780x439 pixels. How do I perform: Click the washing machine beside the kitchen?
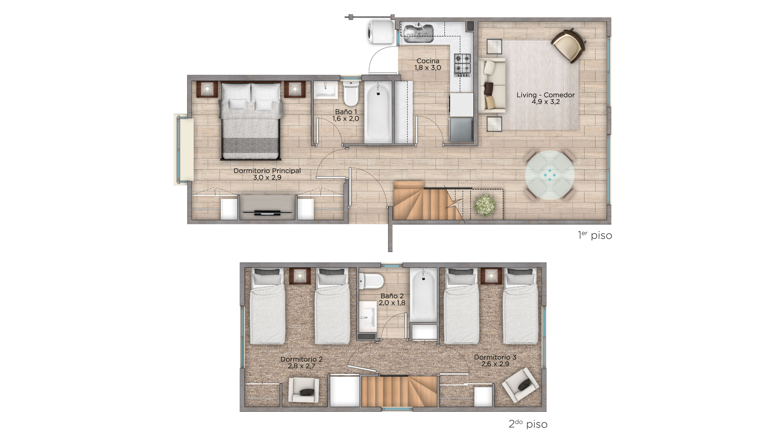[381, 32]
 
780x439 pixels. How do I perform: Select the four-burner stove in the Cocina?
[462, 65]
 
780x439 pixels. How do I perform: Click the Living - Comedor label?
[546, 95]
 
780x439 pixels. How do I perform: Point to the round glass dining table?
[550, 175]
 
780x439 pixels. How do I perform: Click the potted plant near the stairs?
[485, 205]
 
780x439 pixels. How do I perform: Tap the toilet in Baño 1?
[350, 93]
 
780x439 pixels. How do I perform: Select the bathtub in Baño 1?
[378, 112]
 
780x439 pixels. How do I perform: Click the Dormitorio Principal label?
[267, 171]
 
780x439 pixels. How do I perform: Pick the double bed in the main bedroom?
[251, 121]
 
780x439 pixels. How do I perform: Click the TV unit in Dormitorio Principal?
[267, 207]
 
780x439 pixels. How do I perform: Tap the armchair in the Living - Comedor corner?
[569, 45]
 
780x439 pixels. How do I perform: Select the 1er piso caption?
[595, 235]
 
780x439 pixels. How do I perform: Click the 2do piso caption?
[528, 424]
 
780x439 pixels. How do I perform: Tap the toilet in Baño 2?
[371, 280]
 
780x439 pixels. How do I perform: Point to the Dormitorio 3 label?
[495, 357]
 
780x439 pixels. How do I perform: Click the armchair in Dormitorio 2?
[303, 391]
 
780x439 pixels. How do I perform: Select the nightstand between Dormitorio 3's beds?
[491, 276]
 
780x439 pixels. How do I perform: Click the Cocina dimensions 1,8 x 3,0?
[428, 68]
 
